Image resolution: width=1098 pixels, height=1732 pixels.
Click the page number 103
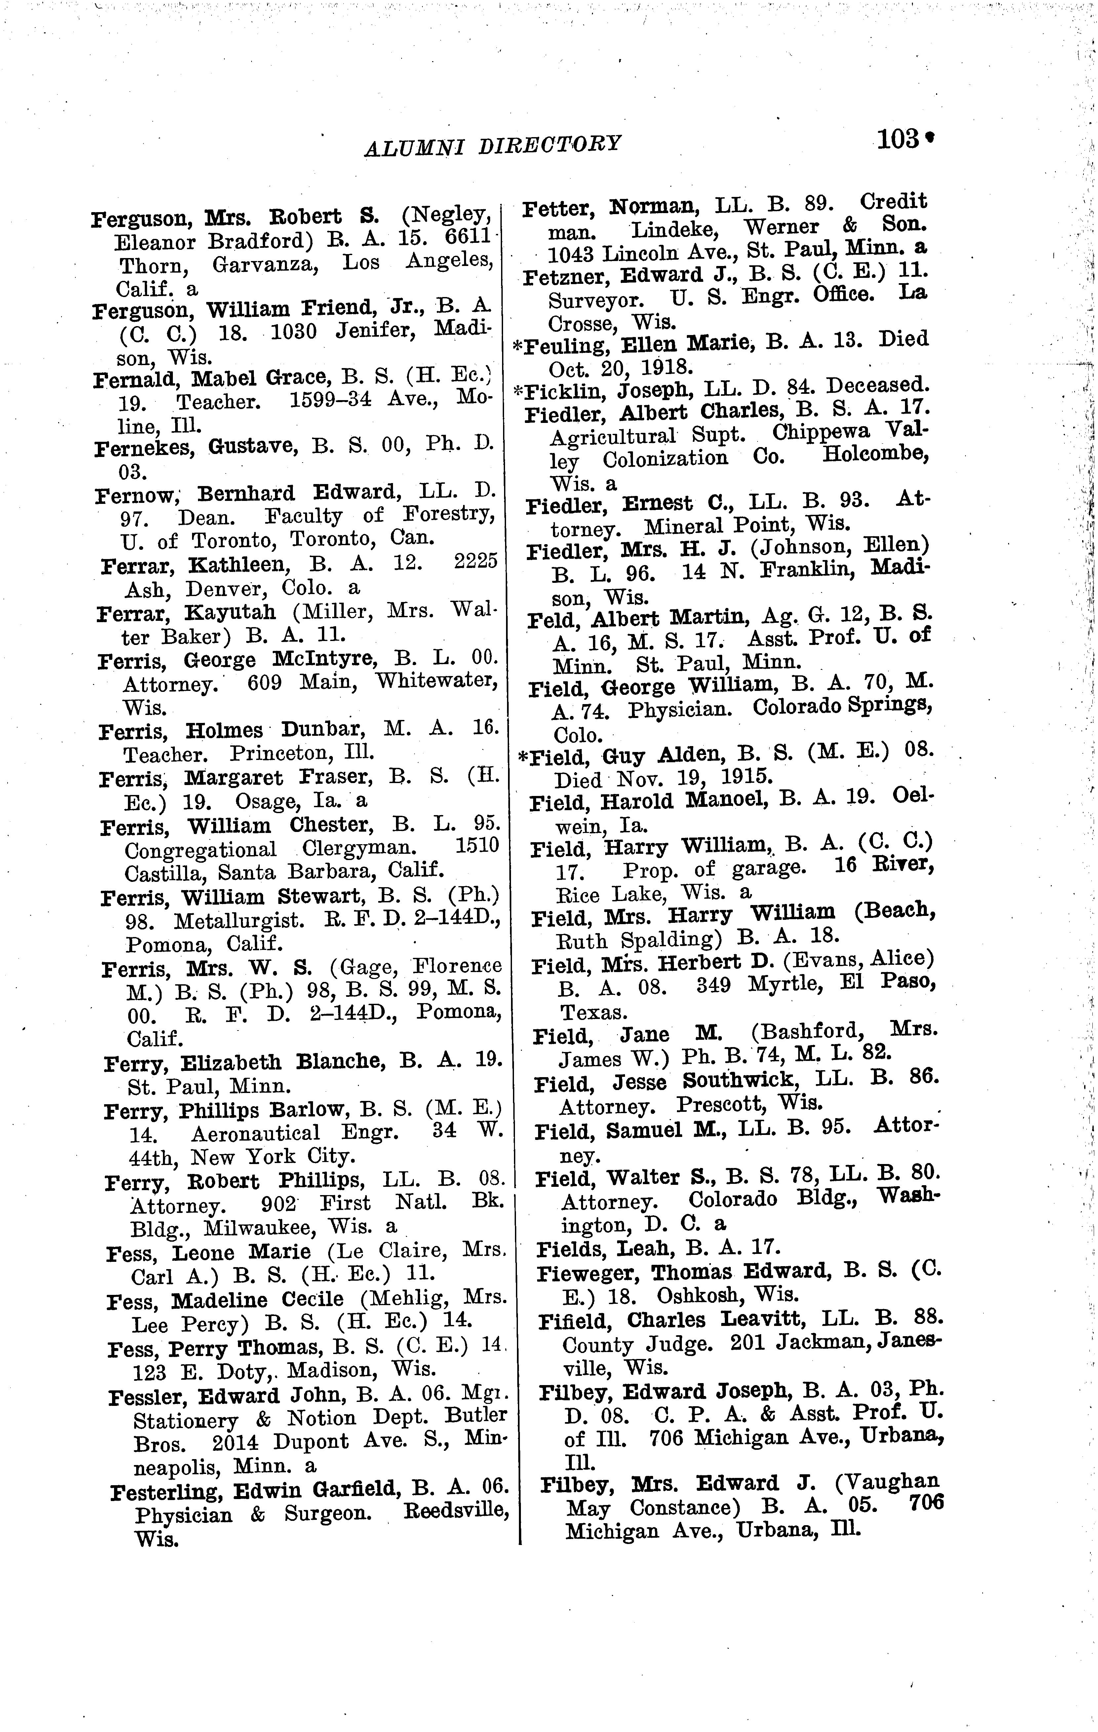896,138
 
